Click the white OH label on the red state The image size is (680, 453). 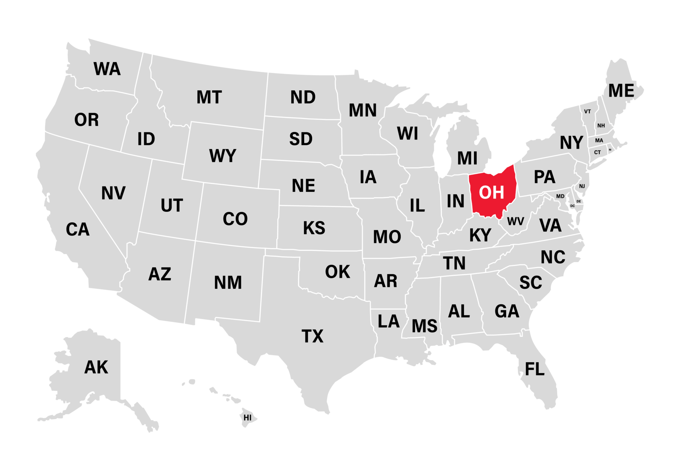coord(491,192)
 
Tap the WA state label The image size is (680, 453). coord(107,69)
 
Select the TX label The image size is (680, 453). coord(312,336)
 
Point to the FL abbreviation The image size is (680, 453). coord(535,369)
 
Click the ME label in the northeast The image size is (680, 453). coord(621,91)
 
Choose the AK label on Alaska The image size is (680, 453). coord(96,367)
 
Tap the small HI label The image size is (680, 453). coord(247,417)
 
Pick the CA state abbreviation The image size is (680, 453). coord(78,229)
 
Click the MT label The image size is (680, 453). coord(209,97)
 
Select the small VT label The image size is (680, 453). coord(588,112)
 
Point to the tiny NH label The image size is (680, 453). coord(601,126)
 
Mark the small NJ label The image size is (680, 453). coord(582,186)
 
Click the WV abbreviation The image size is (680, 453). coord(515,221)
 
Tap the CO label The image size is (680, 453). coord(235,219)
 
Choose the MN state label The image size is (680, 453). coord(363,110)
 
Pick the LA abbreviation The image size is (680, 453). coord(388,321)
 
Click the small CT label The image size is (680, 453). coord(597,152)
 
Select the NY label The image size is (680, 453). coord(571,143)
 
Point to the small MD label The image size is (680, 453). coord(560,196)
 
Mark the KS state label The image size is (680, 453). coord(314,228)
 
